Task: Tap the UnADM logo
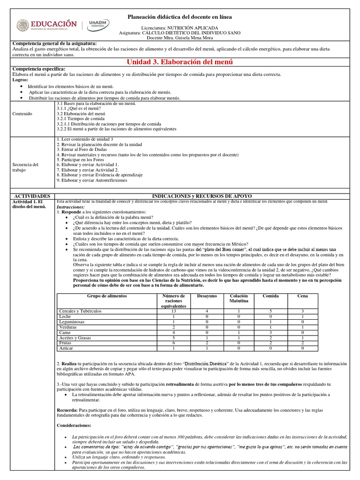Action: click(x=99, y=25)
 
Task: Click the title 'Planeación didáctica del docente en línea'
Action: click(x=180, y=17)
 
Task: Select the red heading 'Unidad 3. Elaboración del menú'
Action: click(x=180, y=62)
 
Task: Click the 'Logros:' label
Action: click(x=20, y=80)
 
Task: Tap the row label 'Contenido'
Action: click(x=23, y=113)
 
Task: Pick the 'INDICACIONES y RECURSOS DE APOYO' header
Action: click(x=206, y=195)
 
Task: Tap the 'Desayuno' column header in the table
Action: click(x=207, y=296)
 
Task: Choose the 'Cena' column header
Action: click(x=302, y=296)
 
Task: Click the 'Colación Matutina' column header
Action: click(x=239, y=299)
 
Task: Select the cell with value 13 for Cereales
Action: click(x=173, y=311)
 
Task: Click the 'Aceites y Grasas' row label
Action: click(x=75, y=338)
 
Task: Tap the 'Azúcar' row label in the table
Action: click(x=66, y=348)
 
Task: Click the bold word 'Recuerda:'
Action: click(x=67, y=410)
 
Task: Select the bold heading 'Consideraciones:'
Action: click(x=74, y=425)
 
